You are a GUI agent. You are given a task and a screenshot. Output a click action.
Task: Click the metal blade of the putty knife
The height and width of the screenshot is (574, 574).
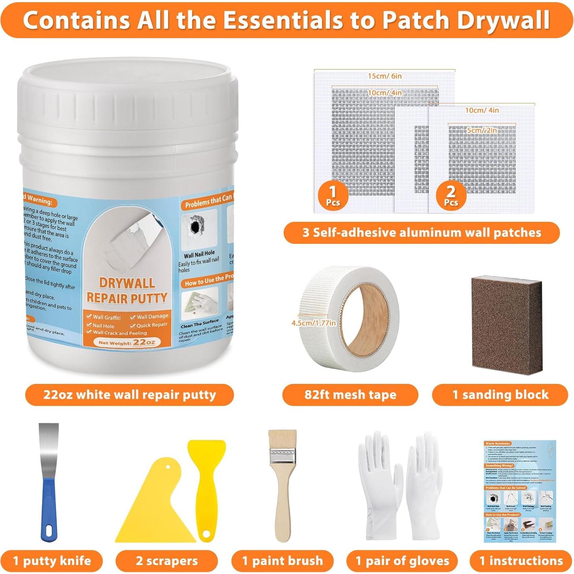[x=49, y=447]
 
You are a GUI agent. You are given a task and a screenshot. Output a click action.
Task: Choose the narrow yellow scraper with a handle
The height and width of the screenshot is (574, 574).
[x=206, y=478]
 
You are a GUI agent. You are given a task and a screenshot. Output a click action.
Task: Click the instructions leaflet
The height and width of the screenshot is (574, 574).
[x=520, y=491]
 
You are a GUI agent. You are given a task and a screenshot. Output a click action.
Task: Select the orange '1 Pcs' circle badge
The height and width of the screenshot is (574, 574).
[x=333, y=195]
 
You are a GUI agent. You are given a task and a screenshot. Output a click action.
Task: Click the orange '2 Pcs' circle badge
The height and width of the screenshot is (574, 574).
[x=451, y=195]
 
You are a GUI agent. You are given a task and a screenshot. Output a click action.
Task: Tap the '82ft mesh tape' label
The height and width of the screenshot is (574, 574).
[x=350, y=395]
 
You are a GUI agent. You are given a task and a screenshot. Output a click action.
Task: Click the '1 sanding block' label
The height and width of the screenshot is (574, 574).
[x=500, y=395]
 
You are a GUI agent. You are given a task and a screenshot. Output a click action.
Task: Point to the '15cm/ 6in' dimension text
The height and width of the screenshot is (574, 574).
[x=385, y=76]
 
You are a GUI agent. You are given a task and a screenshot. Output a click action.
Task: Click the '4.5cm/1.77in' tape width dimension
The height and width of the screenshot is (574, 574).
[x=314, y=323]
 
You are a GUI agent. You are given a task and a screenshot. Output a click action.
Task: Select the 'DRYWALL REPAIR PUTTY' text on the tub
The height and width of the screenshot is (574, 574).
[x=127, y=290]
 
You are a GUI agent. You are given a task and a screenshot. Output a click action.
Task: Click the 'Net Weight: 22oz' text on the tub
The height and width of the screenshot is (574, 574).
[x=127, y=342]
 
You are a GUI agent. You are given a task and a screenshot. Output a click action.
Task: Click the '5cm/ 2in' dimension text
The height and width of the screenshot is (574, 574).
[x=482, y=130]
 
